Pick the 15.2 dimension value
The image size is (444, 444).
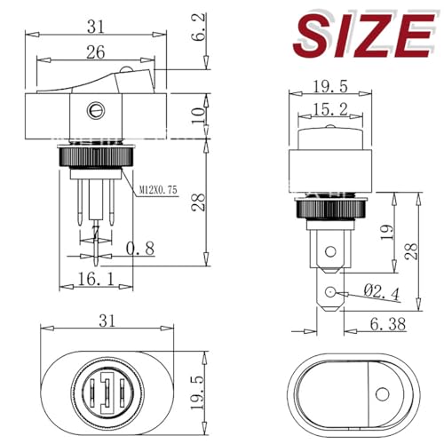(329, 112)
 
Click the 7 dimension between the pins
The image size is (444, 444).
(95, 232)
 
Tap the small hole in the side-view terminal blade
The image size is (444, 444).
(330, 292)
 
